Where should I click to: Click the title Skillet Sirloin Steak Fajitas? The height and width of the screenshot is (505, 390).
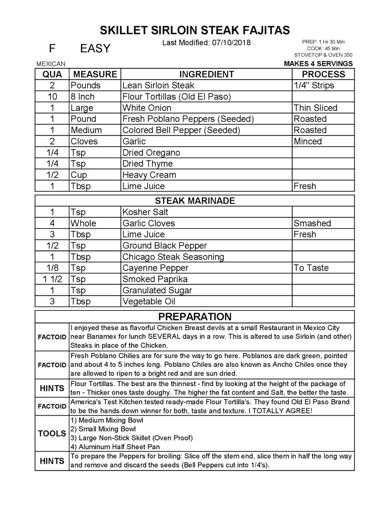[195, 30]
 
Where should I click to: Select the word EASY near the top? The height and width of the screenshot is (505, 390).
[95, 48]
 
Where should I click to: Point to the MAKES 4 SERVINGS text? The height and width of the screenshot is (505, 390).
[318, 64]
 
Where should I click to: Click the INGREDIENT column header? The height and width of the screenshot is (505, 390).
[206, 74]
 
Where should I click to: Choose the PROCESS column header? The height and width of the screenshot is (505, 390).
[323, 74]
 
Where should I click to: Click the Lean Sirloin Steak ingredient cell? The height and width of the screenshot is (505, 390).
[158, 85]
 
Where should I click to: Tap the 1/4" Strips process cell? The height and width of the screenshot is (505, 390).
[314, 85]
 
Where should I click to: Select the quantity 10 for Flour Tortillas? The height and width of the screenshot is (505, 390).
[52, 97]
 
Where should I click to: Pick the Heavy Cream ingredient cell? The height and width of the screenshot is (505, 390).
[149, 175]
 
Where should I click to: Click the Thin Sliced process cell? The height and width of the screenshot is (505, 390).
[315, 108]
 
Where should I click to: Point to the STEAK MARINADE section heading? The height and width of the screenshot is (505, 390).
[195, 201]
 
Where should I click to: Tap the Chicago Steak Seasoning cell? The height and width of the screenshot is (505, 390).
[173, 257]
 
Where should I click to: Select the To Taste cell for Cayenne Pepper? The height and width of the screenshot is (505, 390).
[311, 268]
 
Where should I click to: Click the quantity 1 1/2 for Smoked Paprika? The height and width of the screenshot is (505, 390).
[52, 279]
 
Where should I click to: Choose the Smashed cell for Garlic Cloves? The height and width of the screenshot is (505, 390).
[312, 223]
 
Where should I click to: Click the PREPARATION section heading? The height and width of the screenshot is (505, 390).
[195, 317]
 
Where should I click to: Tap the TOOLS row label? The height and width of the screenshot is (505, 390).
[52, 434]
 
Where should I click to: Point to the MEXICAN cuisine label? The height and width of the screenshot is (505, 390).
[51, 64]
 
